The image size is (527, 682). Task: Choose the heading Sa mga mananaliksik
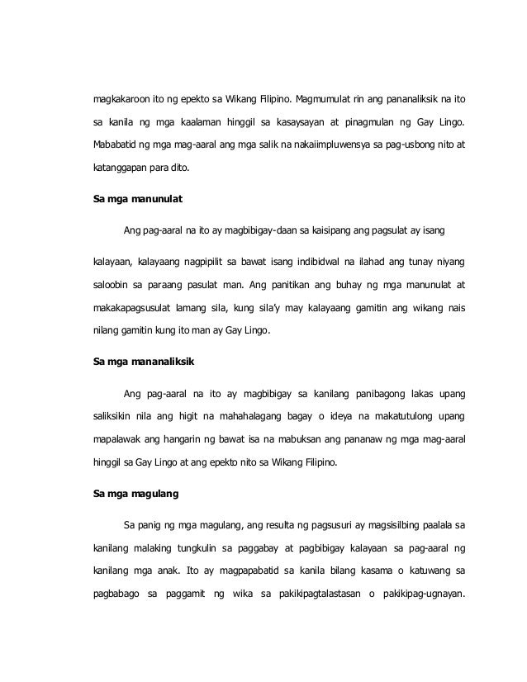(143, 362)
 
